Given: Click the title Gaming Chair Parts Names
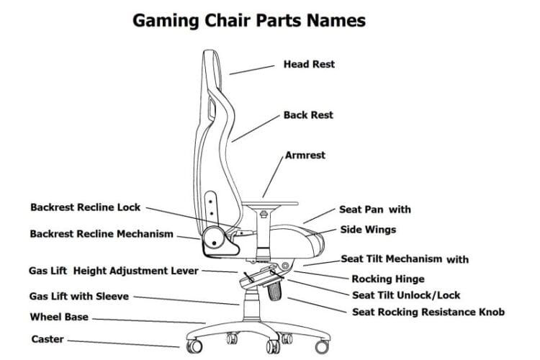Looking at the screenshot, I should click(x=249, y=20).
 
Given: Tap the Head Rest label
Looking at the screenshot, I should click(x=309, y=64).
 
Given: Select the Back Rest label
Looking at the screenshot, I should click(x=308, y=115).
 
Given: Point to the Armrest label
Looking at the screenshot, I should click(x=305, y=155).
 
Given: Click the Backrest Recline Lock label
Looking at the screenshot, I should click(x=86, y=207).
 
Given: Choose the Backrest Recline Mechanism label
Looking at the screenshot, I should click(x=102, y=234).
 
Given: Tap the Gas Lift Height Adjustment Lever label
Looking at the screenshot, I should click(x=113, y=271).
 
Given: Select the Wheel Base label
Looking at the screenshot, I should click(x=59, y=317).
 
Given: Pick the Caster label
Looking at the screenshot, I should click(x=48, y=339).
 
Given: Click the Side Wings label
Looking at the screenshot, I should click(x=368, y=230).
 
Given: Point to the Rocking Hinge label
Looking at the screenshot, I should click(x=387, y=279).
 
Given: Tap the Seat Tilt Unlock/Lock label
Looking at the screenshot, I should click(x=406, y=295).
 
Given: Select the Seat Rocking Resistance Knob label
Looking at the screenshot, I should click(x=428, y=312).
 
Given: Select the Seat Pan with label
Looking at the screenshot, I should click(x=375, y=210).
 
